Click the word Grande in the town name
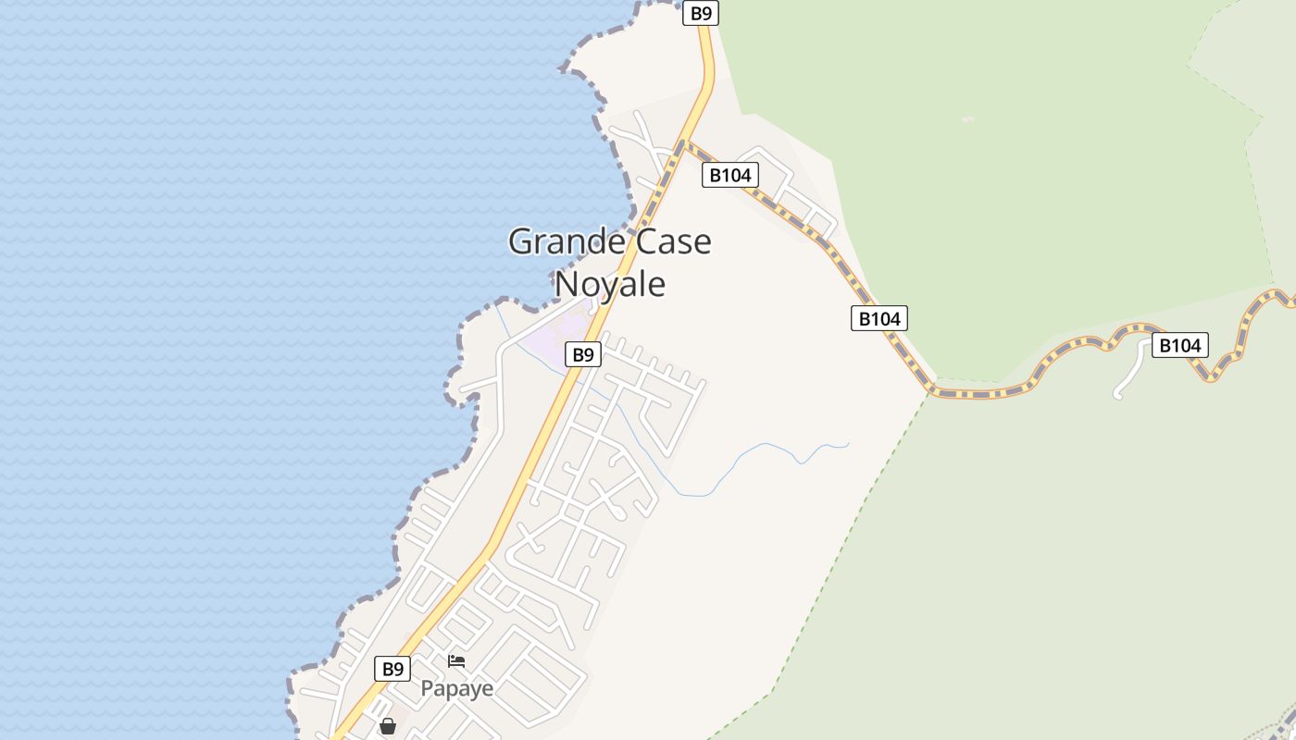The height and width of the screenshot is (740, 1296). (x=566, y=242)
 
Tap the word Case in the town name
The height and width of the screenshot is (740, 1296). (x=673, y=242)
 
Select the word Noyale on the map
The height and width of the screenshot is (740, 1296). (x=609, y=284)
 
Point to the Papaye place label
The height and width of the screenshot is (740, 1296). (x=456, y=688)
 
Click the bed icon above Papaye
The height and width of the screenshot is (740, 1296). (x=456, y=661)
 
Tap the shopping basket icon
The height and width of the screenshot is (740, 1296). (x=388, y=726)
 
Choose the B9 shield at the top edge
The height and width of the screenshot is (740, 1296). (x=701, y=13)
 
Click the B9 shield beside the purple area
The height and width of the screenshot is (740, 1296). (x=582, y=354)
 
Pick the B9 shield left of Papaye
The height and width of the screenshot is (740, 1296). (x=393, y=669)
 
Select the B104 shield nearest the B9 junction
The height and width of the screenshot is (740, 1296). (x=729, y=175)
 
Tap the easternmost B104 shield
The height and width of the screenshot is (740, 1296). (x=1179, y=346)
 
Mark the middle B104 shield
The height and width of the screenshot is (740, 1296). (x=879, y=318)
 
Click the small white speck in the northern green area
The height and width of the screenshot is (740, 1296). (x=967, y=118)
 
